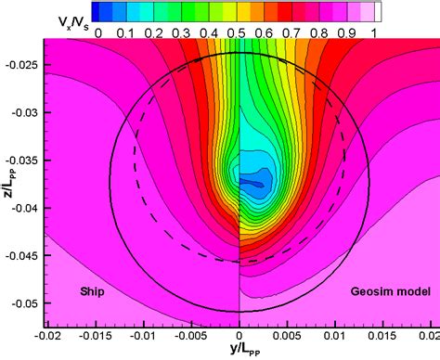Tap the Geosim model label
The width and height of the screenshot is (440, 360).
pos(391,292)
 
